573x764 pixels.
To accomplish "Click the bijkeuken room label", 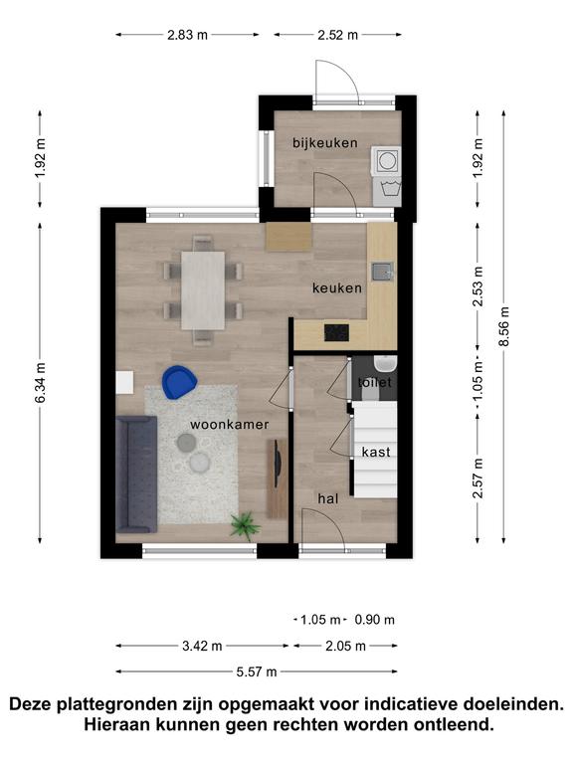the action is coord(325,143).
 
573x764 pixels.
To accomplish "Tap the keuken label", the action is coord(337,288).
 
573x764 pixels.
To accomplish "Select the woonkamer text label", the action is coord(230,425).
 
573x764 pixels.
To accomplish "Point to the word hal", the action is coord(328,498).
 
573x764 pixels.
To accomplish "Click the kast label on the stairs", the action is coord(376,453).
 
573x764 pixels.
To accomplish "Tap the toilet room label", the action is coord(375,382).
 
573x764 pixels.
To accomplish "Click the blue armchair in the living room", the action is coord(179,382).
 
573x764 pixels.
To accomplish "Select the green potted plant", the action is coord(245,526).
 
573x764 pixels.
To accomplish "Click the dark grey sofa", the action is coord(136,475).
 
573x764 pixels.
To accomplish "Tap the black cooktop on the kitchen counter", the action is coord(336,333).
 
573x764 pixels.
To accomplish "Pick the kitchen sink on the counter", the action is coord(382,272).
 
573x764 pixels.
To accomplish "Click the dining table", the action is coord(203,290).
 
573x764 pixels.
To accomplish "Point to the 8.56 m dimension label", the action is coord(503,326).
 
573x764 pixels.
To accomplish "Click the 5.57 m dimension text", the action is coord(257,671).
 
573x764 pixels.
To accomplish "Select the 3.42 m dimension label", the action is coord(202,646).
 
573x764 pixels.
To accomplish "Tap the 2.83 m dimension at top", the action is coord(188,35).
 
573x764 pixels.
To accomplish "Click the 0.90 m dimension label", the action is coord(375,620).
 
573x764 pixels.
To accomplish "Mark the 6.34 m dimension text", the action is coord(40,382).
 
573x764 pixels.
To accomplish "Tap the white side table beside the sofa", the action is coord(124,382).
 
